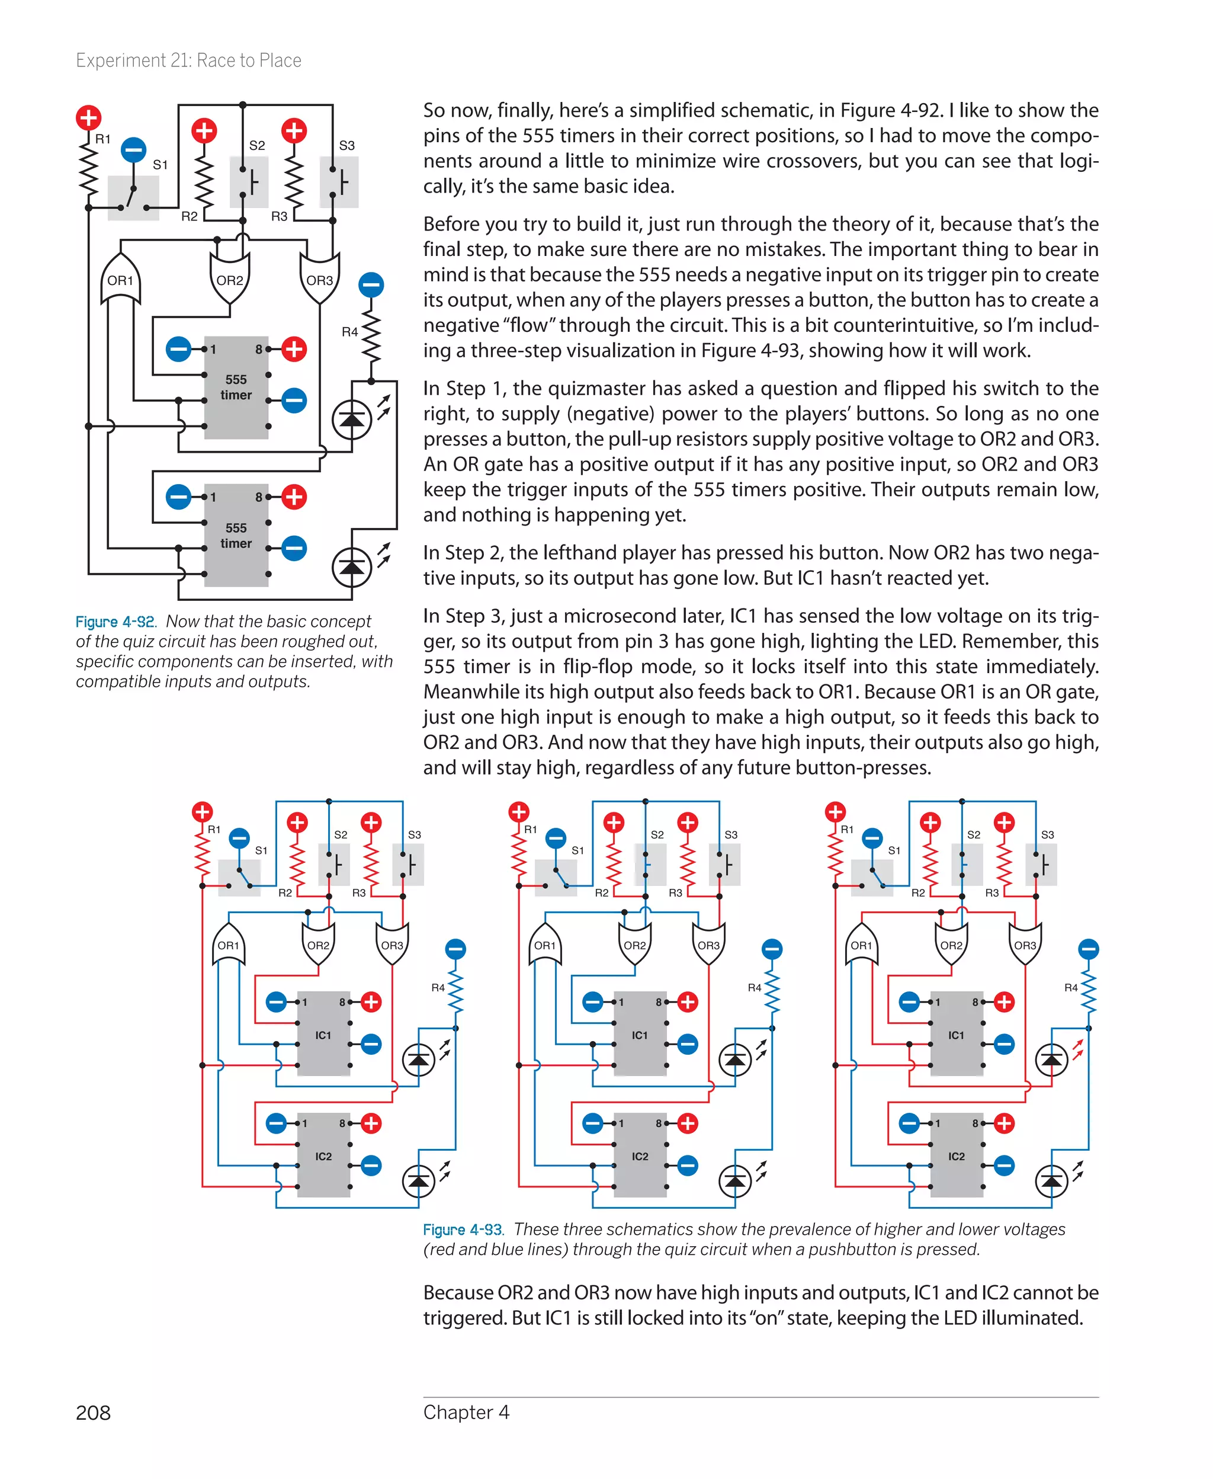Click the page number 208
pyautogui.click(x=93, y=1413)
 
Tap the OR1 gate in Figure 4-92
pyautogui.click(x=120, y=280)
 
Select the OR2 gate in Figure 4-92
pyautogui.click(x=230, y=280)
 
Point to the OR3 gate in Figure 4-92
pyautogui.click(x=319, y=280)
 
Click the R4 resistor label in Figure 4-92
pyautogui.click(x=349, y=332)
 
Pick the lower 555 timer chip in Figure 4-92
pyautogui.click(x=236, y=536)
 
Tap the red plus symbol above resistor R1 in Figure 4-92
pyautogui.click(x=88, y=117)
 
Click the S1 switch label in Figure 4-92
pyautogui.click(x=160, y=165)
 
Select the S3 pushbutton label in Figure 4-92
pyautogui.click(x=346, y=145)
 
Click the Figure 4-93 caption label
pyautogui.click(x=463, y=1230)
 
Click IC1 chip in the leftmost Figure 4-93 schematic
pyautogui.click(x=323, y=1035)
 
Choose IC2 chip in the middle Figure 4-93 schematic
pyautogui.click(x=640, y=1156)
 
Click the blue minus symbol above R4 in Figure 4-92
pyautogui.click(x=371, y=284)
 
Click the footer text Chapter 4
pyautogui.click(x=466, y=1413)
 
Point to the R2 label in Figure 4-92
pyautogui.click(x=189, y=217)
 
